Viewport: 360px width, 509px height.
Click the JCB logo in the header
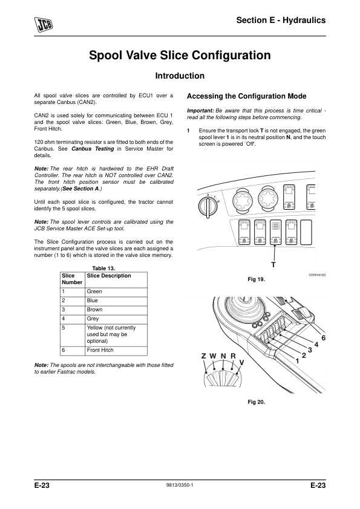click(x=44, y=24)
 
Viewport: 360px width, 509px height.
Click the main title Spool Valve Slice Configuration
click(x=180, y=55)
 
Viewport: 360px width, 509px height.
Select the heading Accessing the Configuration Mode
click(x=247, y=96)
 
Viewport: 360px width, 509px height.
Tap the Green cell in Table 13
click(x=94, y=291)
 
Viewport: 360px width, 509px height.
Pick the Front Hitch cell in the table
click(x=100, y=350)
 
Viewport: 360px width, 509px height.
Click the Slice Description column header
click(x=109, y=276)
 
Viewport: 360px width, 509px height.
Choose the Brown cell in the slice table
click(x=94, y=310)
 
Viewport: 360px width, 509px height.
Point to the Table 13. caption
click(x=103, y=268)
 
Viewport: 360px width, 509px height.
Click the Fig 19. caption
click(x=257, y=279)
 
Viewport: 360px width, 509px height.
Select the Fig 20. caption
click(x=257, y=402)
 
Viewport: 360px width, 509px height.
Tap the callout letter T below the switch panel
click(x=273, y=265)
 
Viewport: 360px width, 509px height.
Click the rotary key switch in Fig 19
click(x=207, y=207)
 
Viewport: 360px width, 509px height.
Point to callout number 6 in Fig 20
click(x=323, y=338)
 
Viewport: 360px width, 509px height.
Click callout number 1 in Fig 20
click(x=297, y=361)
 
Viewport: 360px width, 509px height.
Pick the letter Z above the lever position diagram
click(x=204, y=356)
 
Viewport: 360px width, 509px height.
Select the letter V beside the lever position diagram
click(x=242, y=362)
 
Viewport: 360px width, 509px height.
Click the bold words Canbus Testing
click(x=93, y=149)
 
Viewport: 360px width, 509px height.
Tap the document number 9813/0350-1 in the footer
click(x=179, y=485)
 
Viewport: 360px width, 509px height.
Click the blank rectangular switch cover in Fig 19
click(x=306, y=232)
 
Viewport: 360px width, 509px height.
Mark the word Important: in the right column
click(x=200, y=111)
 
